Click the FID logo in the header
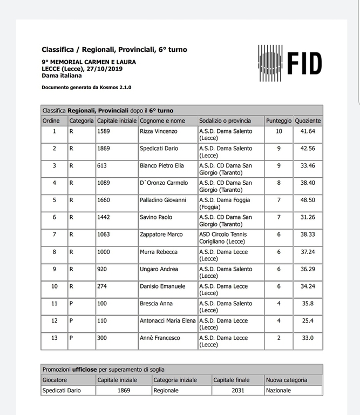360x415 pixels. point(290,64)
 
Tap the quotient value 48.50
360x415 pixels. point(308,200)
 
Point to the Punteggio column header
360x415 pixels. point(279,121)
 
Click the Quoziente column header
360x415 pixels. point(308,121)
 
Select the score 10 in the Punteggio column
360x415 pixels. point(279,131)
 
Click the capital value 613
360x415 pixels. point(101,166)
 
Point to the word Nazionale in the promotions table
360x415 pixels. point(279,390)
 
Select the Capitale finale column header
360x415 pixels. point(232,380)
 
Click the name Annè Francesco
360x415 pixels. point(160,338)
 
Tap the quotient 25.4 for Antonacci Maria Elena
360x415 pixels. point(308,321)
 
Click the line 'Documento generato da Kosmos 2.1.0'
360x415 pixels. point(86,87)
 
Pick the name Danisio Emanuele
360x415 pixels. point(162,286)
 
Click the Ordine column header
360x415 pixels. point(51,121)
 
